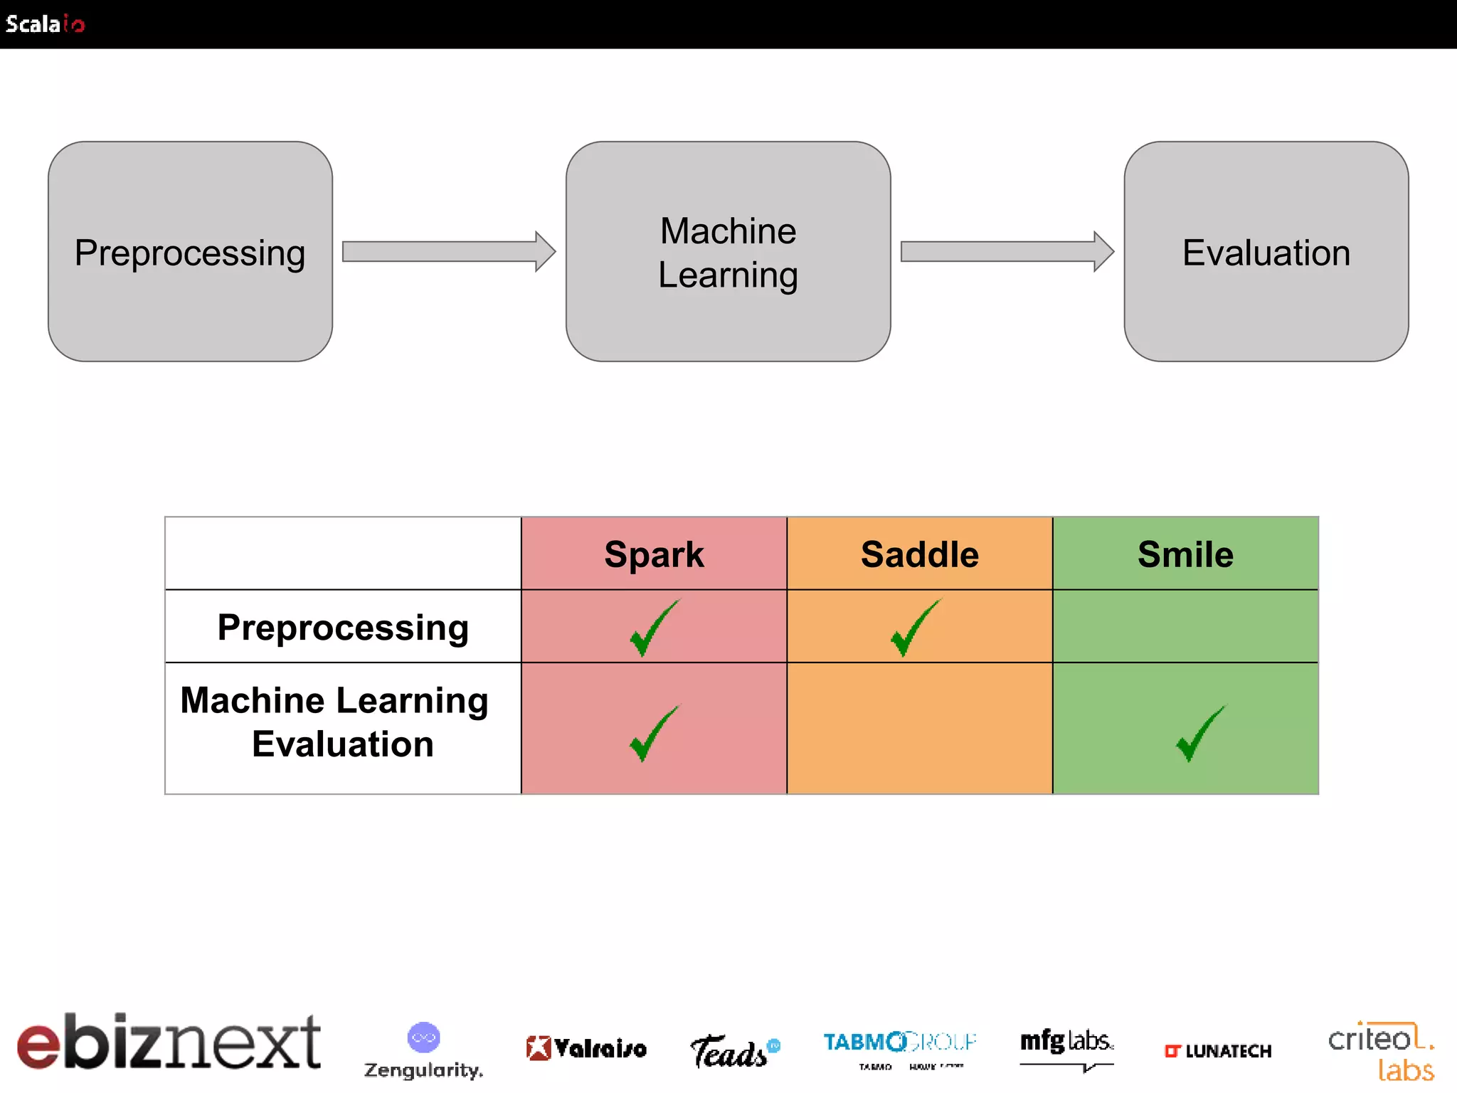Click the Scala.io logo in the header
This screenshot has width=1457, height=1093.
tap(45, 24)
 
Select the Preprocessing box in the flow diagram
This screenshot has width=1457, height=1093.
tap(190, 252)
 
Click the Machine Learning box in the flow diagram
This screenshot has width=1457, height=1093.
tap(728, 252)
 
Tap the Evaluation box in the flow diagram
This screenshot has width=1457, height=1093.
tap(1266, 252)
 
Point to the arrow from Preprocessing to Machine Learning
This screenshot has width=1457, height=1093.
tap(448, 251)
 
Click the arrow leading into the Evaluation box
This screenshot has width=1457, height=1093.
tap(1007, 251)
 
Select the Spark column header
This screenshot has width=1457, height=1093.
tap(654, 554)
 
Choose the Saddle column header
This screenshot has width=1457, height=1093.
tap(919, 554)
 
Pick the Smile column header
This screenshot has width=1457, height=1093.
tap(1185, 554)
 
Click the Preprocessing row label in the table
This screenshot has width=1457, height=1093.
tap(343, 627)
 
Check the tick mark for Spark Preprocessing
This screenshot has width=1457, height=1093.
tap(654, 628)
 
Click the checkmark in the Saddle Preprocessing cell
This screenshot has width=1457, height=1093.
tap(915, 628)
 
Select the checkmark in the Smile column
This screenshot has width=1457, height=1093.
tap(1200, 733)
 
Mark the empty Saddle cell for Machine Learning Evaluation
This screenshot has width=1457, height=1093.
tap(919, 728)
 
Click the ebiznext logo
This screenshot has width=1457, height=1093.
tap(169, 1043)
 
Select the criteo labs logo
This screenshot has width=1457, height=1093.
tap(1381, 1052)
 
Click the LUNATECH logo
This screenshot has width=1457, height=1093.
tap(1217, 1051)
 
